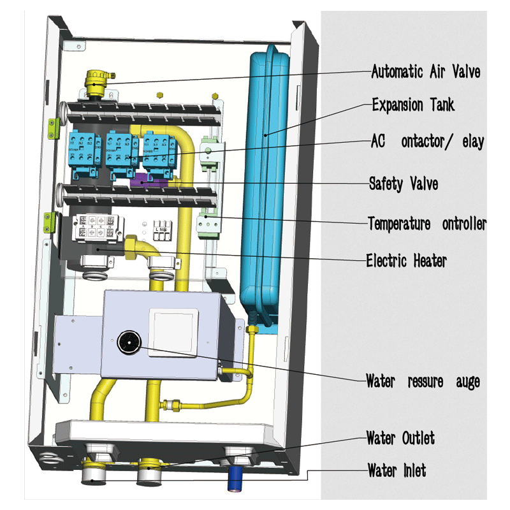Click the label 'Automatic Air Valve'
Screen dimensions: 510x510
pyautogui.click(x=425, y=71)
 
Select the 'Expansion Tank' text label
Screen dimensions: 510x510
pyautogui.click(x=413, y=105)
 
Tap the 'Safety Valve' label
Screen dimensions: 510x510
pyautogui.click(x=404, y=184)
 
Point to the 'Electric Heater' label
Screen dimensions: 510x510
pyautogui.click(x=406, y=260)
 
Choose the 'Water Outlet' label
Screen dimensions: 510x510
pyautogui.click(x=400, y=438)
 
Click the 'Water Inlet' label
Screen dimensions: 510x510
pyautogui.click(x=397, y=471)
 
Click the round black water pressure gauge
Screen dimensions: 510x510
pyautogui.click(x=128, y=343)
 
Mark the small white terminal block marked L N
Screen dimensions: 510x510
pyautogui.click(x=161, y=230)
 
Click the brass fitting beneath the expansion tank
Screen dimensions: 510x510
pyautogui.click(x=251, y=331)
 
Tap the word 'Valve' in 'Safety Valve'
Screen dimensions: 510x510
pyautogui.click(x=421, y=184)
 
